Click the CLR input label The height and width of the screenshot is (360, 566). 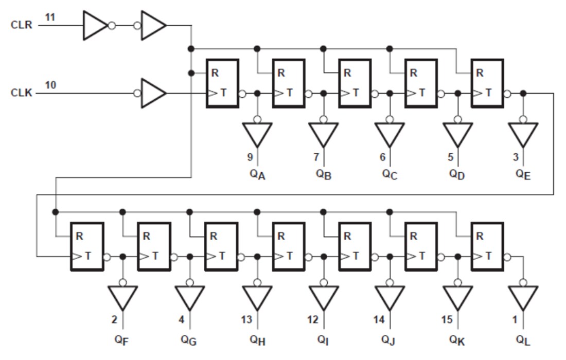pos(21,25)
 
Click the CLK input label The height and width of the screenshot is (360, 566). pos(21,93)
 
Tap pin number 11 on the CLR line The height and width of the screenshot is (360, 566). pos(49,17)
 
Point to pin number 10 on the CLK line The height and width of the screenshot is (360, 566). pos(50,85)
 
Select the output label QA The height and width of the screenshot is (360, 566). pos(258,174)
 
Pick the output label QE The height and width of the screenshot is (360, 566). pos(523,174)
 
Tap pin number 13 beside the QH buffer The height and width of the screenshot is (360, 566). pos(246,320)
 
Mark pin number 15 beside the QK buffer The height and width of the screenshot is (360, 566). pos(447,320)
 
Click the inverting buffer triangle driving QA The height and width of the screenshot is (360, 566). pos(257,133)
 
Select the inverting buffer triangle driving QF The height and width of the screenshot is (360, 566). pos(123,297)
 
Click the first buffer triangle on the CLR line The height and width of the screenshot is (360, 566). pos(95,25)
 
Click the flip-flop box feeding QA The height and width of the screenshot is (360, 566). pos(222,83)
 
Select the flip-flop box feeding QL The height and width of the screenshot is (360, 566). pos(487,246)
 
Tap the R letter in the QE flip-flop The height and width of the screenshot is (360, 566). pos(480,73)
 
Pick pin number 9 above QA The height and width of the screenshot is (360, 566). pos(250,157)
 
